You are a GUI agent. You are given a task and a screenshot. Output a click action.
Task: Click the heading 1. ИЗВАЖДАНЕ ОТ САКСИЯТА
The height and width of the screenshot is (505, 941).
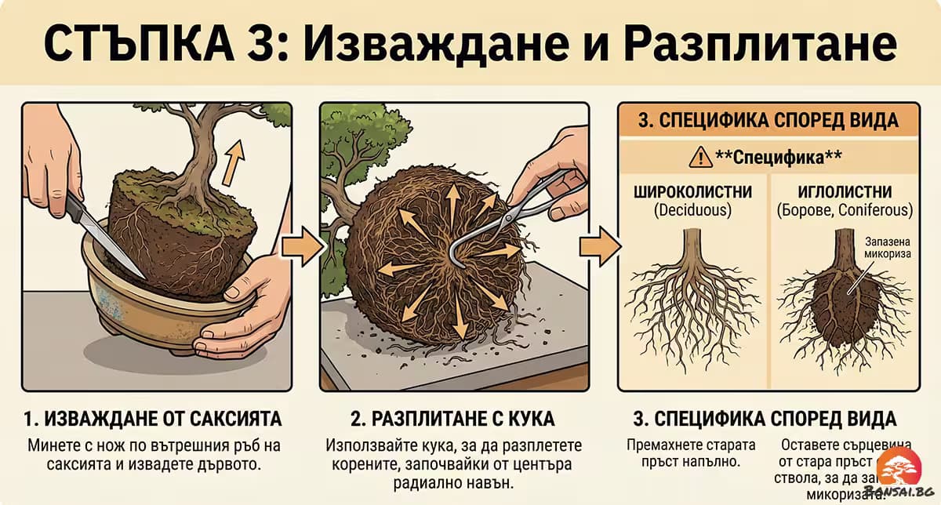click(x=152, y=417)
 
